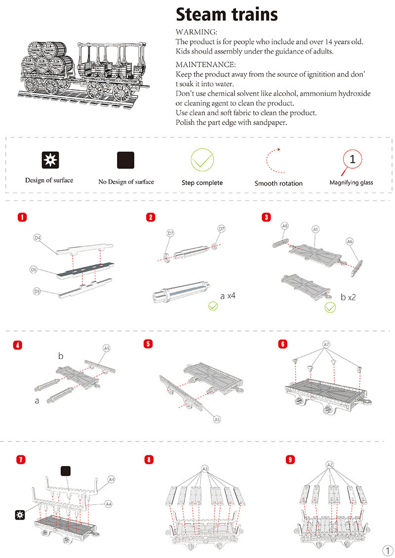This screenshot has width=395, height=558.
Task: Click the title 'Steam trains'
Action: coord(227,14)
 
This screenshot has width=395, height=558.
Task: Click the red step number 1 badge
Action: coord(21,217)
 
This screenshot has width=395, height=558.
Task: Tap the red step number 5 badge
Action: coord(148,344)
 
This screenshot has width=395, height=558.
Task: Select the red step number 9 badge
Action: coord(290,459)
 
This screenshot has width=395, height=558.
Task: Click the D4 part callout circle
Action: coord(38,238)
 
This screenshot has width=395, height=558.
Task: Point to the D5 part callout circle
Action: coord(37,292)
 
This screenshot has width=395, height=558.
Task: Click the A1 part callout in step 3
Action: coord(316,229)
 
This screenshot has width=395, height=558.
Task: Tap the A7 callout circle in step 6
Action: coord(326,344)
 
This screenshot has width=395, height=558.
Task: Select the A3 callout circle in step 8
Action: coord(205,468)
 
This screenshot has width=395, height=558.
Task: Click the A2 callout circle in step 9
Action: coord(330,465)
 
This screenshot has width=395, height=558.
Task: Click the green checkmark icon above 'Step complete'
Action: coord(202,159)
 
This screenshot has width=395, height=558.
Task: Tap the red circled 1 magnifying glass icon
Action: coord(352,159)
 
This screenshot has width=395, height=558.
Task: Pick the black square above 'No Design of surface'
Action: coord(125,160)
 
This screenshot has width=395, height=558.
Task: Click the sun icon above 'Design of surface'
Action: coord(49,160)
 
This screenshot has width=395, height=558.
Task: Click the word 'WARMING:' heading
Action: coord(193,32)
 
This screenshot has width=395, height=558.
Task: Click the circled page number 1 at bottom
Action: coord(386,550)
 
